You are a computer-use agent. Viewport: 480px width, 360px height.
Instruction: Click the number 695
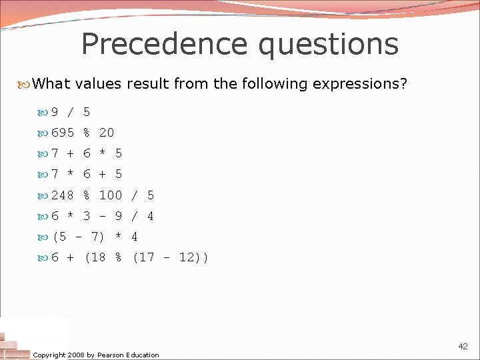[x=63, y=133]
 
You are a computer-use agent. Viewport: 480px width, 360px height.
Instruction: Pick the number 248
[x=63, y=195]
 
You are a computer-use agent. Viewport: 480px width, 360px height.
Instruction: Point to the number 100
[x=111, y=195]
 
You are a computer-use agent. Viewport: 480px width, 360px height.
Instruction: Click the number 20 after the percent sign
[x=107, y=133]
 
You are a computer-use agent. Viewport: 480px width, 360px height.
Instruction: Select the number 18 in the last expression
[x=99, y=258]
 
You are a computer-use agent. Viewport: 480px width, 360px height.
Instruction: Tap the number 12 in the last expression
[x=187, y=258]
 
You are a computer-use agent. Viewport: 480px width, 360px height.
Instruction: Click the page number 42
[x=463, y=347]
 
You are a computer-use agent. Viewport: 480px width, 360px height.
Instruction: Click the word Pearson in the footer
[x=110, y=355]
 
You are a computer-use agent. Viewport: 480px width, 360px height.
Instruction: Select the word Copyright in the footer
[x=49, y=355]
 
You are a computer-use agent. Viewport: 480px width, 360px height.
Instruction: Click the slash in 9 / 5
[x=71, y=112]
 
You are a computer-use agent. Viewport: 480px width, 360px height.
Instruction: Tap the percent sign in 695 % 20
[x=87, y=133]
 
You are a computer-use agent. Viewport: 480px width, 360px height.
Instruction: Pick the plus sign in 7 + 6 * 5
[x=71, y=153]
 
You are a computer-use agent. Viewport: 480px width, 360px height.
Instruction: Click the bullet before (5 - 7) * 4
[x=44, y=237]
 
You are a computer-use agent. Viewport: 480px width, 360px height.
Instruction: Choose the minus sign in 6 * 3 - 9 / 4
[x=103, y=216]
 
